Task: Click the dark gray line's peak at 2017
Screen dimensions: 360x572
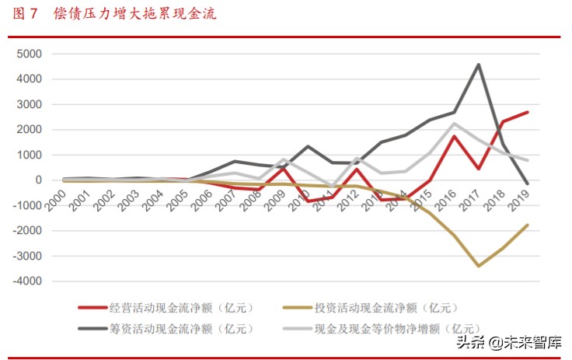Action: [x=479, y=65]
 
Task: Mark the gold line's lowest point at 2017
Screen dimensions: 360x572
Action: [x=479, y=266]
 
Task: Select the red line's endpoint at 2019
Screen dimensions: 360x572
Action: [x=528, y=112]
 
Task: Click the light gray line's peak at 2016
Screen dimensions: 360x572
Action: [x=454, y=123]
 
